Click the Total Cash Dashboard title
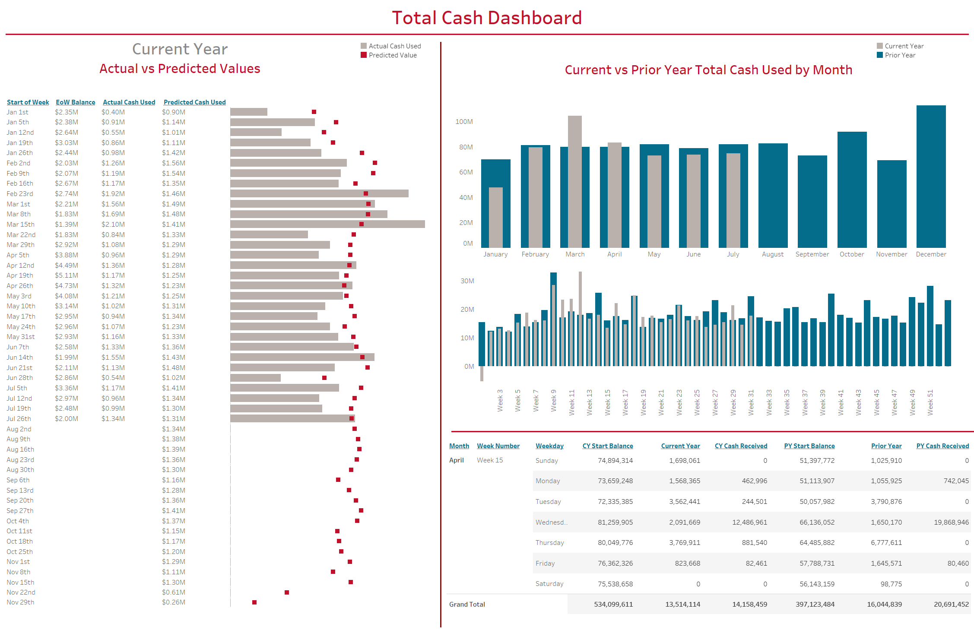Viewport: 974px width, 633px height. tap(487, 18)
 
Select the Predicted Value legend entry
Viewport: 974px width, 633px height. tap(392, 55)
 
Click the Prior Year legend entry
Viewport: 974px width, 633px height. tap(900, 55)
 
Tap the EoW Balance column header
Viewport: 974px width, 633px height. tap(75, 102)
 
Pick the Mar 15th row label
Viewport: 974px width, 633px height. tap(20, 225)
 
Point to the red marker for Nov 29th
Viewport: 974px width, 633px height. tap(254, 602)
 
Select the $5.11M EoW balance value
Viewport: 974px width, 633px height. tap(67, 275)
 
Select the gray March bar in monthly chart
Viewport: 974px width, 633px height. tap(574, 181)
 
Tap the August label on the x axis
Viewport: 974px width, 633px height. tap(772, 254)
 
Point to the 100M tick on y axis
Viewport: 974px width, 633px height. tap(464, 122)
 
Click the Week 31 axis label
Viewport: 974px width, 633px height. tap(751, 402)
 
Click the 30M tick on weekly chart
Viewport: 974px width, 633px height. tap(467, 281)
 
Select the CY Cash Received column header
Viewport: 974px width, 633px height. tap(741, 446)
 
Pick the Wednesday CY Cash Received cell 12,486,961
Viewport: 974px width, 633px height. tap(749, 522)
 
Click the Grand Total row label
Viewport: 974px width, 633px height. tap(467, 605)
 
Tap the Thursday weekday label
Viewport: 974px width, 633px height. tap(549, 543)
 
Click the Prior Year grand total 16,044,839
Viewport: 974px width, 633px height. tap(884, 605)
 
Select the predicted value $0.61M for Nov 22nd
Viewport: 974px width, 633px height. tap(174, 592)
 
